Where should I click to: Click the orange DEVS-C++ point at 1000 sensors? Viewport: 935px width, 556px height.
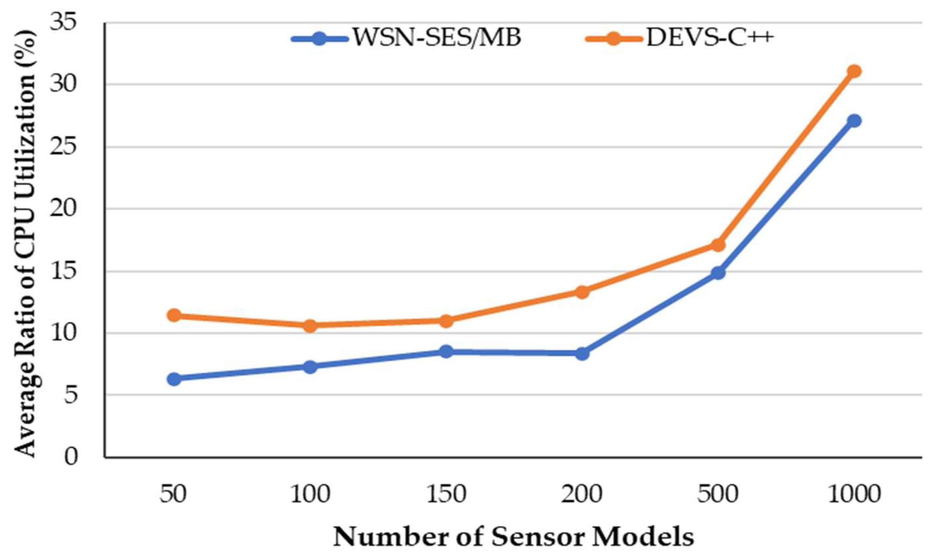click(854, 71)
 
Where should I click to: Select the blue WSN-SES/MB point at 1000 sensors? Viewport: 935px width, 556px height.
click(854, 121)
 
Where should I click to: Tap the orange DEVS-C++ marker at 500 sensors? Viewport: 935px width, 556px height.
click(718, 245)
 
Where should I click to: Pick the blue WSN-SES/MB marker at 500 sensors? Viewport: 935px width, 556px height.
click(718, 273)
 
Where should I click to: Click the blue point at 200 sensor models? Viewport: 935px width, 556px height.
click(582, 353)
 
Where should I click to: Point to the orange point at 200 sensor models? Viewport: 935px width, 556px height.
click(582, 292)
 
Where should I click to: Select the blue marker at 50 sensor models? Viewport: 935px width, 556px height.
click(174, 379)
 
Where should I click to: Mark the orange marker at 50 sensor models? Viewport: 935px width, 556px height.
click(174, 315)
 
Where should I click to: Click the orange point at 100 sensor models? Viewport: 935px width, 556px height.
click(310, 325)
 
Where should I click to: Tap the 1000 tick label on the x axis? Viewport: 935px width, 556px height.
click(854, 494)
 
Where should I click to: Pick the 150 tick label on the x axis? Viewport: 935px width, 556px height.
click(446, 494)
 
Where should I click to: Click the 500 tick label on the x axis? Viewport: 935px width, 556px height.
click(718, 494)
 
